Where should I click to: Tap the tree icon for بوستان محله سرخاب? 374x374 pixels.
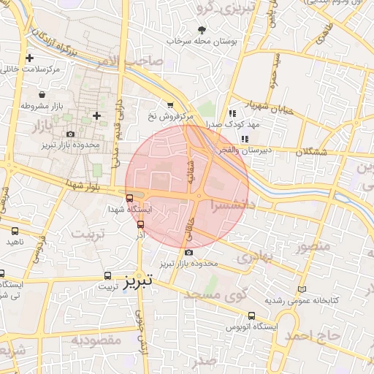[x=202, y=30]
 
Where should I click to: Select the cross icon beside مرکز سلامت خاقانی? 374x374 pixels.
[x=29, y=58]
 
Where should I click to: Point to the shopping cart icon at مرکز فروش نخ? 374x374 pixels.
[x=170, y=105]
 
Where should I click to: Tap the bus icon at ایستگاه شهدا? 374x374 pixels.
[x=130, y=197]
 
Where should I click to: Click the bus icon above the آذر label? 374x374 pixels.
[x=140, y=225]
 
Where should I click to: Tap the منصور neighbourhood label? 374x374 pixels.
[x=314, y=245]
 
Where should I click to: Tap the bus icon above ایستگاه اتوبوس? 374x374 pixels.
[x=252, y=316]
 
